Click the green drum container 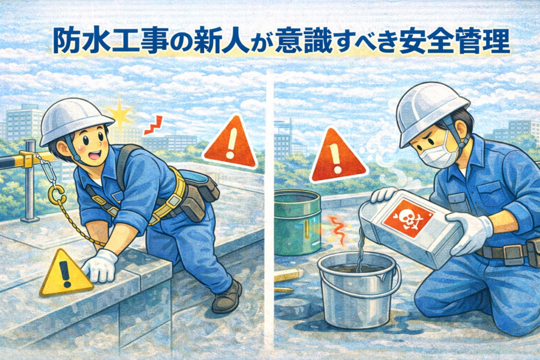(297, 222)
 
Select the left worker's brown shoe (227, 297)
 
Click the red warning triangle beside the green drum (337, 157)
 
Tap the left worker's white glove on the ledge (100, 265)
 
